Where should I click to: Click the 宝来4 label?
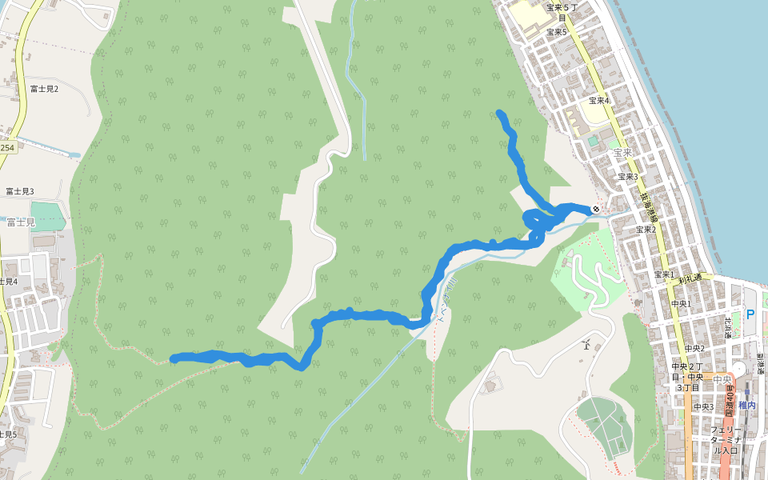[x=598, y=101]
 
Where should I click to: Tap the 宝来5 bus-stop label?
[x=556, y=32]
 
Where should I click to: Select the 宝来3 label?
[x=627, y=177]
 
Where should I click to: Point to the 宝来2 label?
[x=646, y=230]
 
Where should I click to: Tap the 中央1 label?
[x=680, y=304]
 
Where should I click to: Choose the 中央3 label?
[x=703, y=407]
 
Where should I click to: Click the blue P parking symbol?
[x=750, y=314]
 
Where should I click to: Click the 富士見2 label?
[x=44, y=89]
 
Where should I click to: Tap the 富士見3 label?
[x=20, y=191]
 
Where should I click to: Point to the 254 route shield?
[x=7, y=148]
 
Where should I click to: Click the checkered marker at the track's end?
[x=596, y=210]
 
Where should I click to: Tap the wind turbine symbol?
[x=586, y=345]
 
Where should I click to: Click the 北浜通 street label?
[x=729, y=327]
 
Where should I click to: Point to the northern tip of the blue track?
[x=500, y=113]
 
